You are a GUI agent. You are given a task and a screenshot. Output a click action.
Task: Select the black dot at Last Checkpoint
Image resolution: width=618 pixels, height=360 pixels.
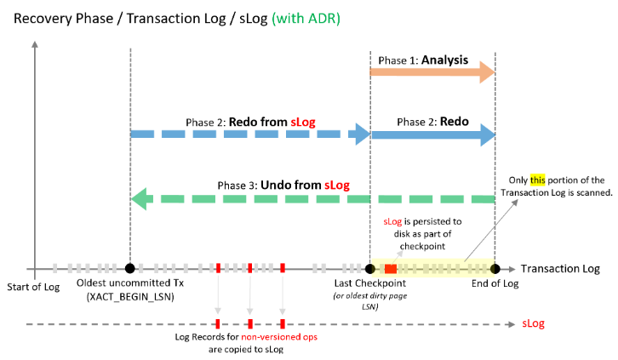pyautogui.click(x=370, y=268)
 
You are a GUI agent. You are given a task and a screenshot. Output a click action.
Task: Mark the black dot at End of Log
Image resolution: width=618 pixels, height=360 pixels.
pyautogui.click(x=495, y=268)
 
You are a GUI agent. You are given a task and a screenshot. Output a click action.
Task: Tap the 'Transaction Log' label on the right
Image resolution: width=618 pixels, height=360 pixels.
pyautogui.click(x=560, y=269)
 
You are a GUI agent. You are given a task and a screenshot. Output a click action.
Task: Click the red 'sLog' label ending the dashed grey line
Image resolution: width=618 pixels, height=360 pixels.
pyautogui.click(x=532, y=323)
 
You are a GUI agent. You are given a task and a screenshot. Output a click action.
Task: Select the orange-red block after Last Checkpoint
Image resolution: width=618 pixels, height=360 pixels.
pyautogui.click(x=390, y=269)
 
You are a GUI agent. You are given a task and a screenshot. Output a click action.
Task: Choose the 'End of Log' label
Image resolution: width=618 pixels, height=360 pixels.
pyautogui.click(x=495, y=284)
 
